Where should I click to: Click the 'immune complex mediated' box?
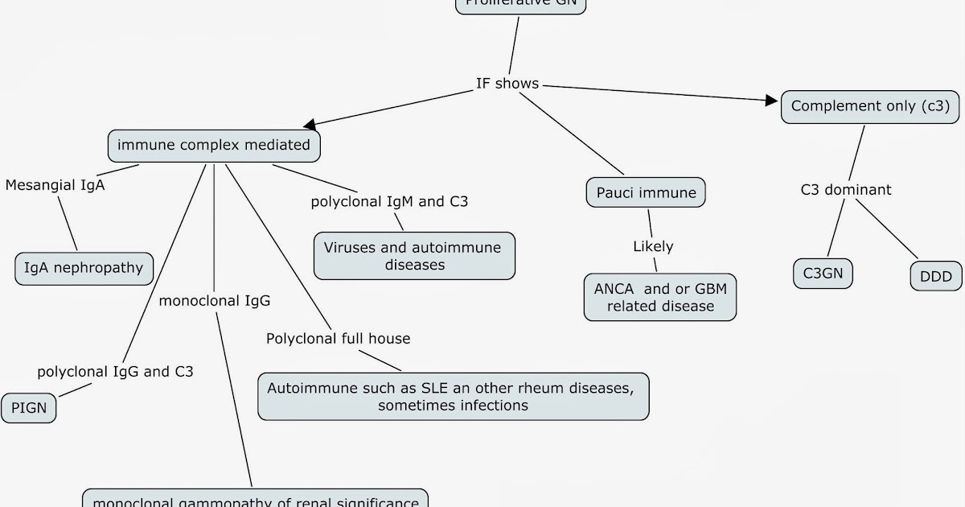(214, 146)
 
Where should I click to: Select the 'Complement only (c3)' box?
(870, 106)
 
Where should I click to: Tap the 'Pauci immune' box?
(647, 193)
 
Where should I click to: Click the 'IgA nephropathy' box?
(84, 268)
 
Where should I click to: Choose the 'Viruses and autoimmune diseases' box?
(413, 256)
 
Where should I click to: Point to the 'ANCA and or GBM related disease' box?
(660, 297)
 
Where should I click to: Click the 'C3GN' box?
(822, 274)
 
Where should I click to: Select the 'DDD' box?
(935, 277)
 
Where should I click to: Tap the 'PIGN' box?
(29, 408)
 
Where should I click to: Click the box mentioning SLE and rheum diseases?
(453, 396)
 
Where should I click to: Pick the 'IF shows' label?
(507, 84)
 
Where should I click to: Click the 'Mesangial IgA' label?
(55, 185)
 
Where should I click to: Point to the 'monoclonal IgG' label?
(215, 301)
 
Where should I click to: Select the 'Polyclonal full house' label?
(338, 339)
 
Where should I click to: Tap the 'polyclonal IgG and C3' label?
(115, 372)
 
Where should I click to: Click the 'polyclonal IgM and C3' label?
(389, 202)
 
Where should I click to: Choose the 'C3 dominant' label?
(846, 191)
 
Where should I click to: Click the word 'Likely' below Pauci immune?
(653, 246)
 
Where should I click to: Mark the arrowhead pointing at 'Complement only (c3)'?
(774, 101)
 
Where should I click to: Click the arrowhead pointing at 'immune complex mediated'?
(310, 126)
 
